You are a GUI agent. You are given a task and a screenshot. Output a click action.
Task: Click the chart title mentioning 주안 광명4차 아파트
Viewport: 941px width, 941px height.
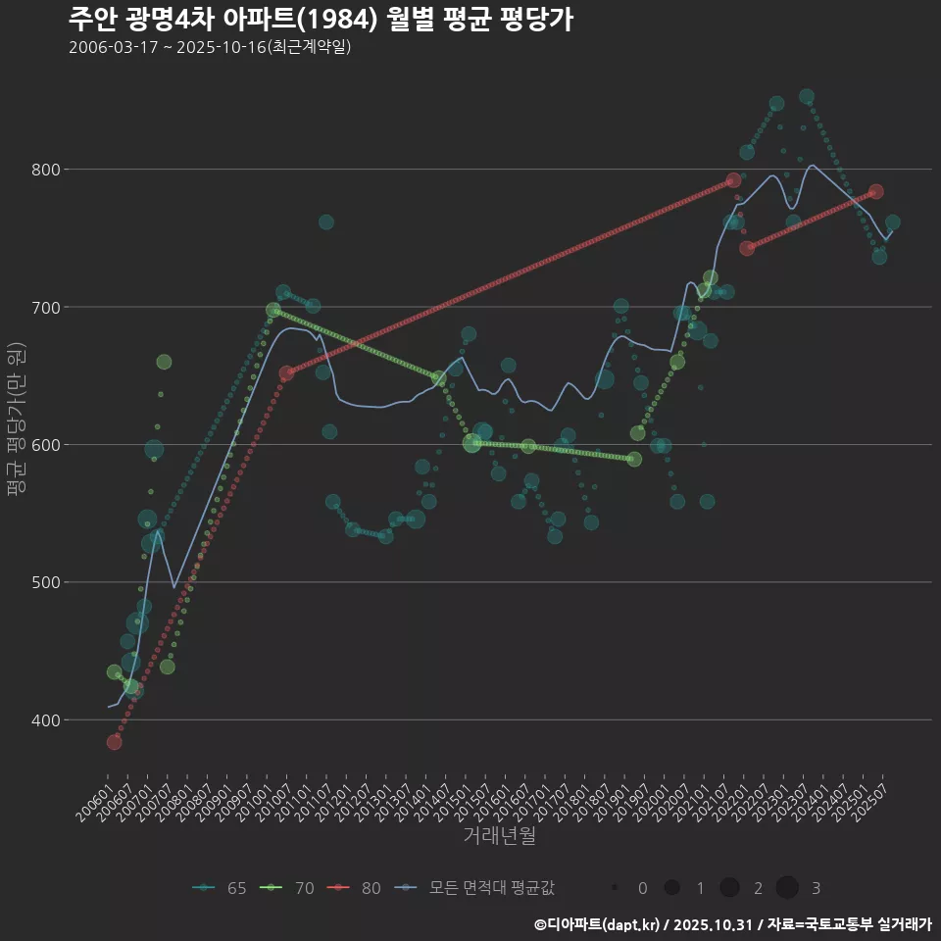321,19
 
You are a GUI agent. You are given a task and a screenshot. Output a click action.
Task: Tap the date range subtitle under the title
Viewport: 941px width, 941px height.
210,47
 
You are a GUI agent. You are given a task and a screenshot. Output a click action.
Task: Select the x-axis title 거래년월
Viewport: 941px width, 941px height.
500,837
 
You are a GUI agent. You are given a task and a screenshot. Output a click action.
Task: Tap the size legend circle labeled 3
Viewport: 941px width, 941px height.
787,888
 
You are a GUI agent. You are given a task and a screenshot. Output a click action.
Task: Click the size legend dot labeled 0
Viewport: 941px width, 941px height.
615,888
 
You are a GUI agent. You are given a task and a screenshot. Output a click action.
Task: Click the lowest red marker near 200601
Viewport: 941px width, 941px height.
114,742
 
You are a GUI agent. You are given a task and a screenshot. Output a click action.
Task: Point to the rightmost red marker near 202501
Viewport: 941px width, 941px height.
876,191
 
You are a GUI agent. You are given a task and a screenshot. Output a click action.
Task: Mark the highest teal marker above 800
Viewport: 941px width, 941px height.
807,97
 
